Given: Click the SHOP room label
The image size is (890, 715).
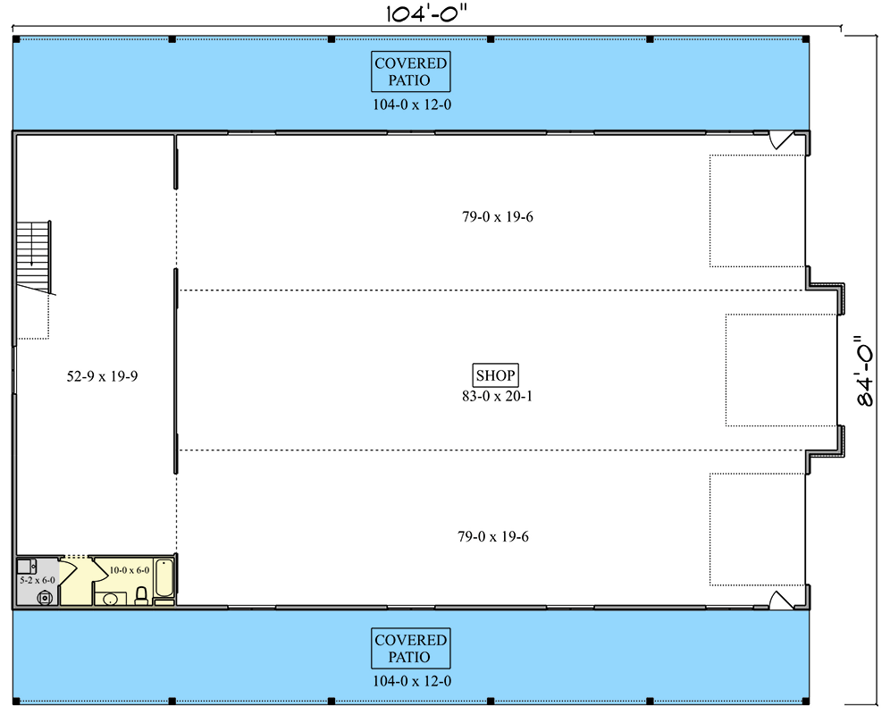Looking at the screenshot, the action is pyautogui.click(x=496, y=375).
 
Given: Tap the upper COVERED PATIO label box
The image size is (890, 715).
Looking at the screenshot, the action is pyautogui.click(x=410, y=71).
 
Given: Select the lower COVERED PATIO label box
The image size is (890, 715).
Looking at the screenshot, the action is pyautogui.click(x=410, y=648).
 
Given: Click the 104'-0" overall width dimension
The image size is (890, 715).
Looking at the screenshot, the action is pyautogui.click(x=426, y=13).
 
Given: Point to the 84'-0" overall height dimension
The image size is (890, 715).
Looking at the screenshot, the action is pyautogui.click(x=865, y=370).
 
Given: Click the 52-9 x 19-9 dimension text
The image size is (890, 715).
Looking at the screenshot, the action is pyautogui.click(x=102, y=376).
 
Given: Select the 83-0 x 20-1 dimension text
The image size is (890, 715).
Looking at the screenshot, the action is pyautogui.click(x=497, y=397).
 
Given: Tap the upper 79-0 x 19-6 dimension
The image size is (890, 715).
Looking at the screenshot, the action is pyautogui.click(x=497, y=217).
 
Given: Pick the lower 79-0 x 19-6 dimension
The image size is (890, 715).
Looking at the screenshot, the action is pyautogui.click(x=493, y=536).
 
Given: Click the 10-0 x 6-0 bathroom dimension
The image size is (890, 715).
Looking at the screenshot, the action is pyautogui.click(x=130, y=570).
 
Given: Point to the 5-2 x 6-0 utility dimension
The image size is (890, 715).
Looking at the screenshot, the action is pyautogui.click(x=38, y=580).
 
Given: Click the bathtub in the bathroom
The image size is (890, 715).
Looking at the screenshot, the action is pyautogui.click(x=164, y=578).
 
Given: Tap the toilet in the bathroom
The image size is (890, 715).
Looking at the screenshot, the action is pyautogui.click(x=141, y=596).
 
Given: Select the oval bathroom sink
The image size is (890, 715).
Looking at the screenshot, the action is pyautogui.click(x=110, y=599).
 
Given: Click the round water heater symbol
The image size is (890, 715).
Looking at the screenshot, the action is pyautogui.click(x=45, y=597).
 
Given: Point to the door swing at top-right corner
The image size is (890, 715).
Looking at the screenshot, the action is pyautogui.click(x=780, y=139).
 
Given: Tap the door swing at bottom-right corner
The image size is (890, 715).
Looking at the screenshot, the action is pyautogui.click(x=780, y=601).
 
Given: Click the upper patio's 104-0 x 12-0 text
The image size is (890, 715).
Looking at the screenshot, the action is pyautogui.click(x=412, y=105).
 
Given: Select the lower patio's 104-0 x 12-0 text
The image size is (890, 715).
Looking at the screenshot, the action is pyautogui.click(x=412, y=682).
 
